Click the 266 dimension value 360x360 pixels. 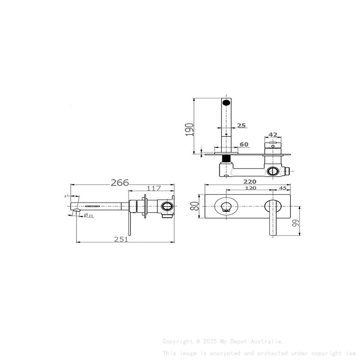click(120, 183)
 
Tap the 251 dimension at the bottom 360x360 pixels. click(121, 239)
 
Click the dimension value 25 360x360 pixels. click(241, 125)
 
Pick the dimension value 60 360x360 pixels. click(244, 144)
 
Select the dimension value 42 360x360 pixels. click(273, 135)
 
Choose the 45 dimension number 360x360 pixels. click(282, 188)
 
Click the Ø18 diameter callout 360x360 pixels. click(89, 216)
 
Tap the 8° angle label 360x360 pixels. click(66, 197)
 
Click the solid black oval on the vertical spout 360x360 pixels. click(227, 102)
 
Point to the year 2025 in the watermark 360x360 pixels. click(210, 341)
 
